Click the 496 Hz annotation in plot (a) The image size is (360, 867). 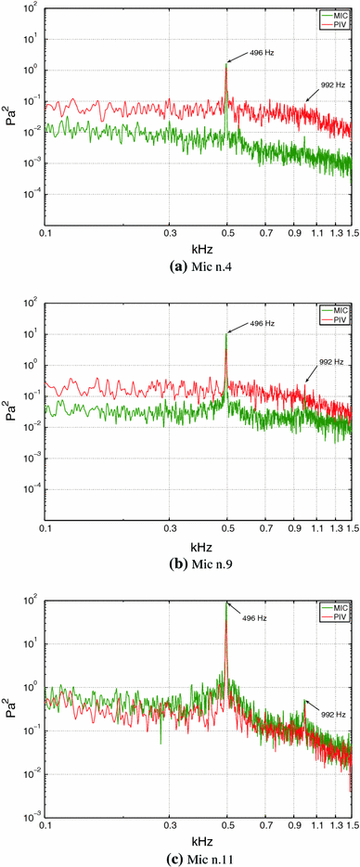259,53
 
